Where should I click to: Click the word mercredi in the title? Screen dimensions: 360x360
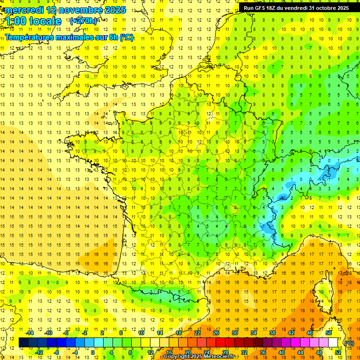click(23, 10)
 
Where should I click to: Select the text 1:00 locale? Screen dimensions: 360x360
click(33, 21)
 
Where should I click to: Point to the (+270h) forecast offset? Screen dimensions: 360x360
click(83, 21)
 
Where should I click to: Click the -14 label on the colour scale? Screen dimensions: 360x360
click(30, 333)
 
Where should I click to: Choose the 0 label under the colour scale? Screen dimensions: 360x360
click(93, 352)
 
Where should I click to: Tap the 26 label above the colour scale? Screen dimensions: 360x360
click(216, 333)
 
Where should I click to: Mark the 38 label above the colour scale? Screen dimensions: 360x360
click(272, 333)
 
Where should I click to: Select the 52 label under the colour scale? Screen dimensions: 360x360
click(337, 352)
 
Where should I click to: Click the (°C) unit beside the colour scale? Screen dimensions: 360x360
click(349, 343)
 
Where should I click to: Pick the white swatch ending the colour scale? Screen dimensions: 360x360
click(333, 343)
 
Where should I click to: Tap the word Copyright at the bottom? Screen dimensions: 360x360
click(178, 357)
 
